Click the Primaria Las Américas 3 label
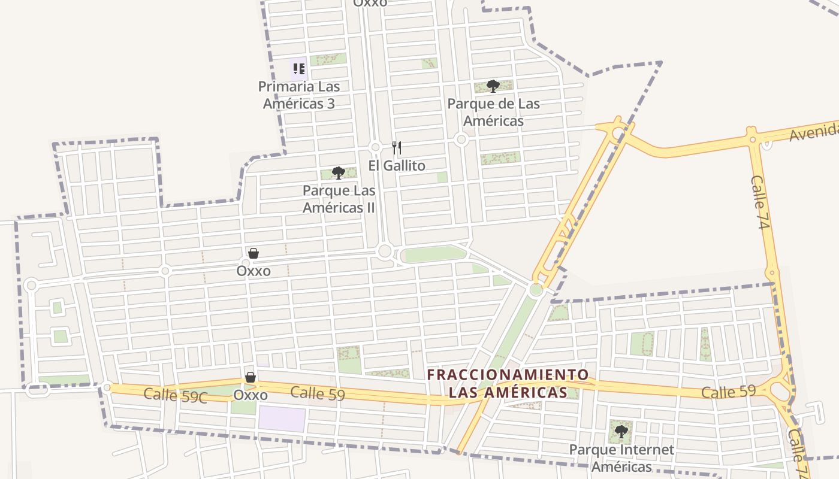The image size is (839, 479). point(298,95)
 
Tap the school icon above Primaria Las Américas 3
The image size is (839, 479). point(298,69)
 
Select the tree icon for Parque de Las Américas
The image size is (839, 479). point(493,86)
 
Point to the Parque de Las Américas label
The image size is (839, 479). point(494,112)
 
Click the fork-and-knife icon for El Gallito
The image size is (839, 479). point(396,147)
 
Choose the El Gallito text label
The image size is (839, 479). point(397,166)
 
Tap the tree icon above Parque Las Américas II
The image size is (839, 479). point(339,173)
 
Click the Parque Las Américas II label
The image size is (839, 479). point(339,199)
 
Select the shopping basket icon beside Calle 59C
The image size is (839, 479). point(251,377)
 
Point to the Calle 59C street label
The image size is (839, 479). point(175,395)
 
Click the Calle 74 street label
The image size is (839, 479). point(759,202)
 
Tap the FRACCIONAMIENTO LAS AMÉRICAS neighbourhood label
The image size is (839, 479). point(508,384)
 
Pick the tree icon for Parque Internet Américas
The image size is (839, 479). point(621,431)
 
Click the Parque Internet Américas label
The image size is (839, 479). point(621,458)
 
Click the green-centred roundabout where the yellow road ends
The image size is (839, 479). point(536,290)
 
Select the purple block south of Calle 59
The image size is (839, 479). point(282,419)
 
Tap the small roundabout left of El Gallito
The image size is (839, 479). point(376,147)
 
